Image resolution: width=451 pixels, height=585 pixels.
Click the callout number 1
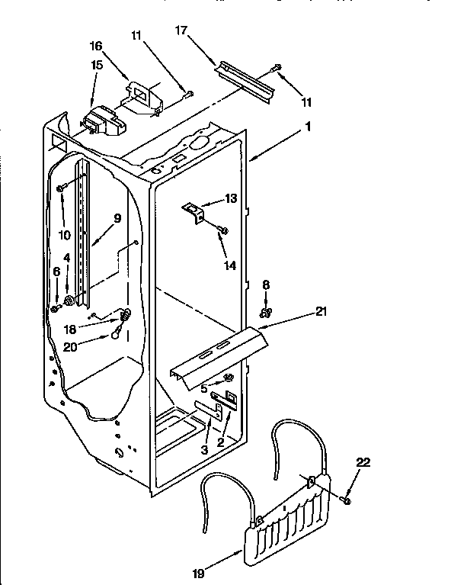pos(308,128)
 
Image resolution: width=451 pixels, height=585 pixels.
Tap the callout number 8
pos(265,284)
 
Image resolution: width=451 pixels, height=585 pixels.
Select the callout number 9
pos(117,217)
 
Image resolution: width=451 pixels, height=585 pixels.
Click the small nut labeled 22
pos(345,500)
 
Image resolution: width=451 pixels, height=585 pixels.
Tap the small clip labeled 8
pos(266,311)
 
